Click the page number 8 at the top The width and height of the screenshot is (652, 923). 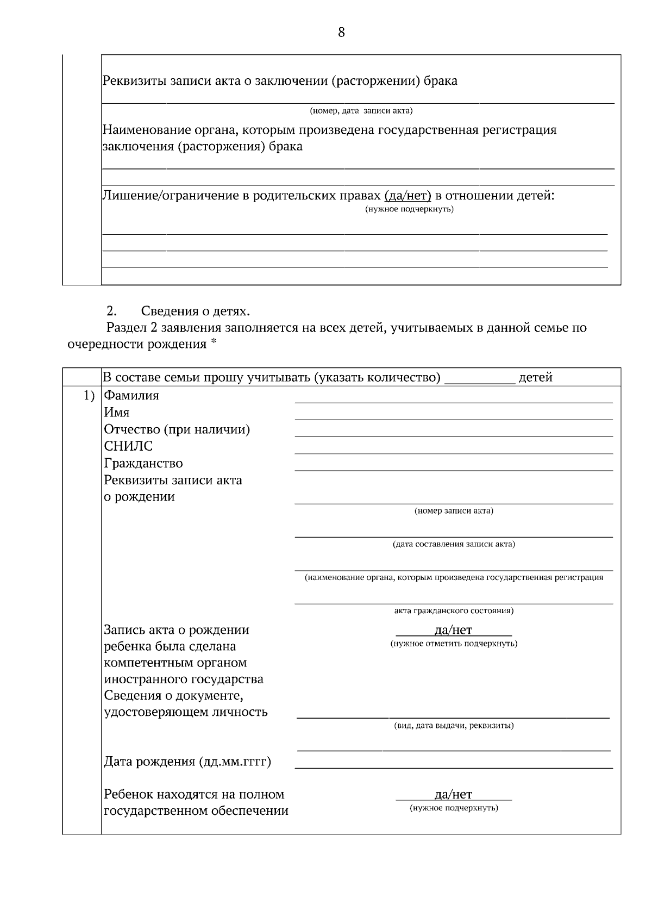tap(341, 33)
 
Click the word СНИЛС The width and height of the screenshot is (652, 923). tap(128, 446)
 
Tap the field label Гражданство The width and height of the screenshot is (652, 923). tap(143, 464)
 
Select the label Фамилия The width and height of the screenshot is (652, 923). tap(131, 396)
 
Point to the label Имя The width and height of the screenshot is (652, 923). tap(117, 413)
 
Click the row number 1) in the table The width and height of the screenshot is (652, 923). tap(89, 396)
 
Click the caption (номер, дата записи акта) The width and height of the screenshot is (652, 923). tap(361, 111)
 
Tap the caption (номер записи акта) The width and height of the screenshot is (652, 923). tap(454, 511)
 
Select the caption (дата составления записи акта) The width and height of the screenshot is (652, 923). tap(454, 544)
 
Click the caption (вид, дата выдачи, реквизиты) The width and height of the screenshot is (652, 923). tap(454, 726)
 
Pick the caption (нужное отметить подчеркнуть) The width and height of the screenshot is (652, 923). tap(454, 644)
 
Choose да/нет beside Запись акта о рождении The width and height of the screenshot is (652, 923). tap(454, 630)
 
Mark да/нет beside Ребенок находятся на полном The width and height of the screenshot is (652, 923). tap(454, 795)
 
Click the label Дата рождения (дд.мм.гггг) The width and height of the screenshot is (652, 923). tap(187, 762)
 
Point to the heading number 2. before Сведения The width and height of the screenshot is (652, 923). tap(111, 311)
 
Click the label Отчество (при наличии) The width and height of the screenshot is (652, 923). tap(177, 430)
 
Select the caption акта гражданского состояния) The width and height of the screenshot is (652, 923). tap(454, 611)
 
